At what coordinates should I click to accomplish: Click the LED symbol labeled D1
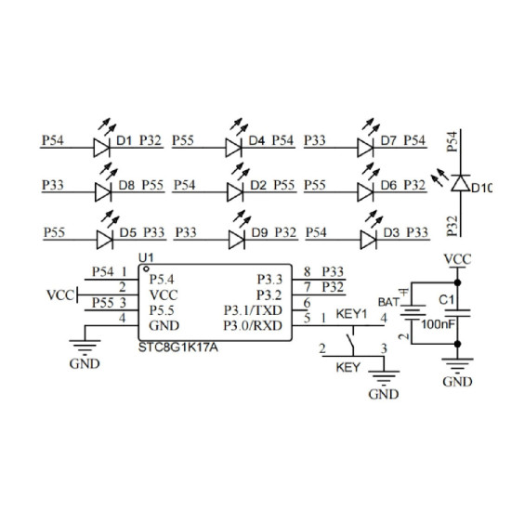101,148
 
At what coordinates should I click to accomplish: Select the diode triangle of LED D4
233,148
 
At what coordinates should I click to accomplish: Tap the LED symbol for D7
365,148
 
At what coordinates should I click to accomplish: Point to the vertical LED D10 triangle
461,183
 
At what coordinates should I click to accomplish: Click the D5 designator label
128,232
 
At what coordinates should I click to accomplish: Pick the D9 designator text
260,232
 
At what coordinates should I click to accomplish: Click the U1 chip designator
146,257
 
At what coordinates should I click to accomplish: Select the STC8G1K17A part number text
178,347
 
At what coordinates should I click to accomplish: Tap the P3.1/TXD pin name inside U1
253,310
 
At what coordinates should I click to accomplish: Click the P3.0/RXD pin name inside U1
253,325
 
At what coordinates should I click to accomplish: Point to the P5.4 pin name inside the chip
162,280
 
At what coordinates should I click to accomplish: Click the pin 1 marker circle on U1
146,269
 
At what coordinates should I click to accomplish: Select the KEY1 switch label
351,314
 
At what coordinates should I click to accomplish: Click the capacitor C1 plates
457,313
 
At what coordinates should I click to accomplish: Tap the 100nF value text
438,324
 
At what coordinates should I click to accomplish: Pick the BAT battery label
388,302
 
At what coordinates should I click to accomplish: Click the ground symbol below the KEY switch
384,376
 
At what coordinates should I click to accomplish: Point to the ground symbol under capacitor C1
457,365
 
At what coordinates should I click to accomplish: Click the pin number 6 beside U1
307,303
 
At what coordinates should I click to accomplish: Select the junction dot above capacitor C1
457,282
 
